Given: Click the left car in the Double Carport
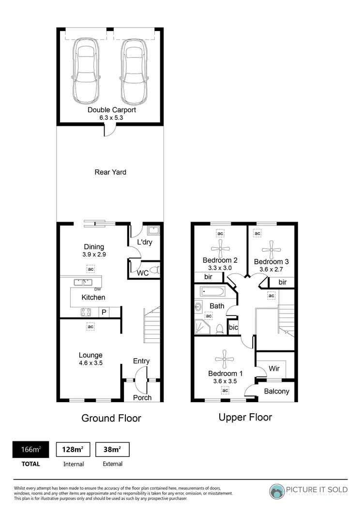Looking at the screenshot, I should point(86,71).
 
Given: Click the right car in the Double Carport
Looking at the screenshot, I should point(133,71).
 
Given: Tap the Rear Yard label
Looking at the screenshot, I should point(110,172).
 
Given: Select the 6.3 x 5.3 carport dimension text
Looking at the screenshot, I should point(111,118).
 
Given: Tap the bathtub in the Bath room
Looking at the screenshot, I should point(212,292).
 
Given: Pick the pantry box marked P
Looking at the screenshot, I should point(104,313).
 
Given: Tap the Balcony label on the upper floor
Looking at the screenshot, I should point(277,392).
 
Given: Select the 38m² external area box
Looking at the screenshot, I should point(112,450).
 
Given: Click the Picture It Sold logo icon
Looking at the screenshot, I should point(278,491).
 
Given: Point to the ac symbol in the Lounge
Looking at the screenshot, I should point(91,327).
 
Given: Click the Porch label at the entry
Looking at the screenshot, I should point(142,397).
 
